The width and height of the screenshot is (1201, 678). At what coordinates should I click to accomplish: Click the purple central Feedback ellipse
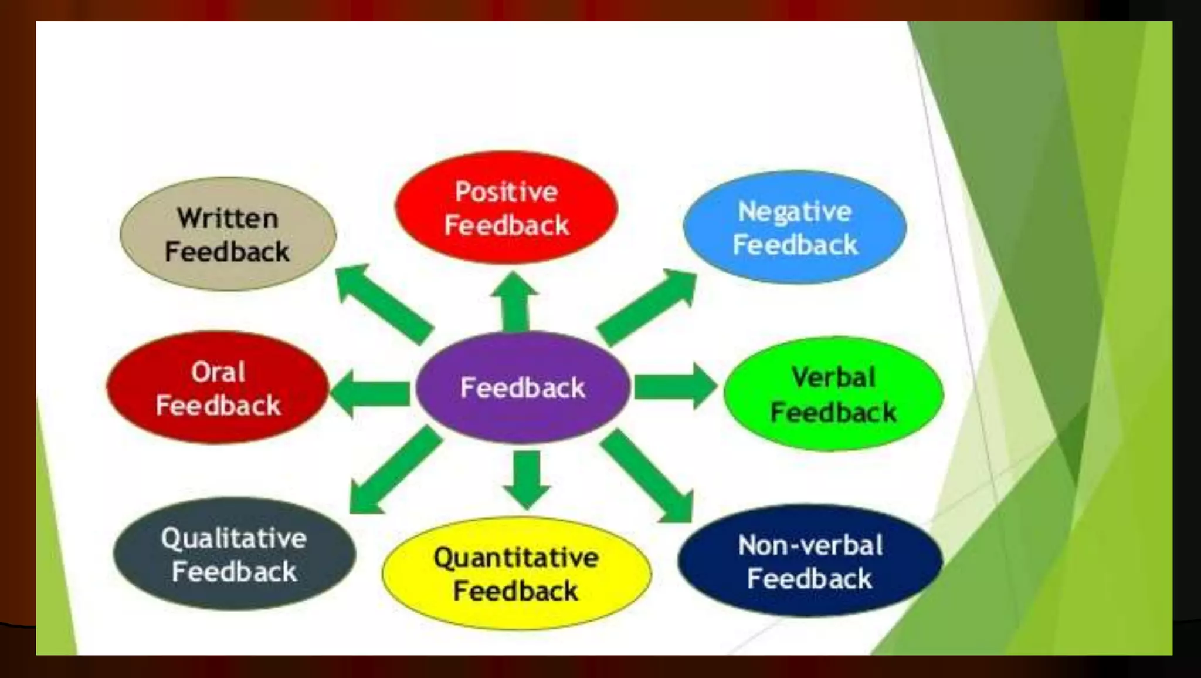coord(523,387)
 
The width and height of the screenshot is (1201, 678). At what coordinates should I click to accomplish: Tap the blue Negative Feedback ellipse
coord(795,227)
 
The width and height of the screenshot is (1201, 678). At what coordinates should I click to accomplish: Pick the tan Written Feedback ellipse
coord(228,234)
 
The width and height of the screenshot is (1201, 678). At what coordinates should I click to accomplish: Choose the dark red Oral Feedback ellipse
coord(218,388)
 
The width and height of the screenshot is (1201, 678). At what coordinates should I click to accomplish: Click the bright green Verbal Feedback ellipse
coord(833,394)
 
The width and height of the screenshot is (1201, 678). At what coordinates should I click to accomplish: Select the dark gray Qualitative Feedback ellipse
coord(234,554)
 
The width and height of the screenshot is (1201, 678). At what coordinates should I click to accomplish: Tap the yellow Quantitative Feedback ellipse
coord(516,574)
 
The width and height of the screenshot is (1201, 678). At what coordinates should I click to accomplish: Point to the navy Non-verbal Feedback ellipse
coord(810,561)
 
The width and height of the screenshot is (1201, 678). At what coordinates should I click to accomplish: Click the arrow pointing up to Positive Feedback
coord(515,302)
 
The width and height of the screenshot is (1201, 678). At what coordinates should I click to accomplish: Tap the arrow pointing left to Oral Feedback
coord(371,393)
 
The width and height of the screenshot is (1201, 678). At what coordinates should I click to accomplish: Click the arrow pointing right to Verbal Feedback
coord(674,386)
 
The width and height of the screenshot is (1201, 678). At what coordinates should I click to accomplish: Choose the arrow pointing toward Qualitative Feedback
coord(393,472)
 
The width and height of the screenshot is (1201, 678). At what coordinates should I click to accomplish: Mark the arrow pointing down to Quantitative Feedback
coord(527,478)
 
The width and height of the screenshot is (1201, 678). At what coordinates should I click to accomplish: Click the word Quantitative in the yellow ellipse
coord(516,558)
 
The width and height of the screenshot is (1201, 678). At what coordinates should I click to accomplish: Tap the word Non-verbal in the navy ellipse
coord(810,545)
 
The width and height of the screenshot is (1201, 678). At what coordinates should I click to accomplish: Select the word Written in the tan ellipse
coord(228,218)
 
